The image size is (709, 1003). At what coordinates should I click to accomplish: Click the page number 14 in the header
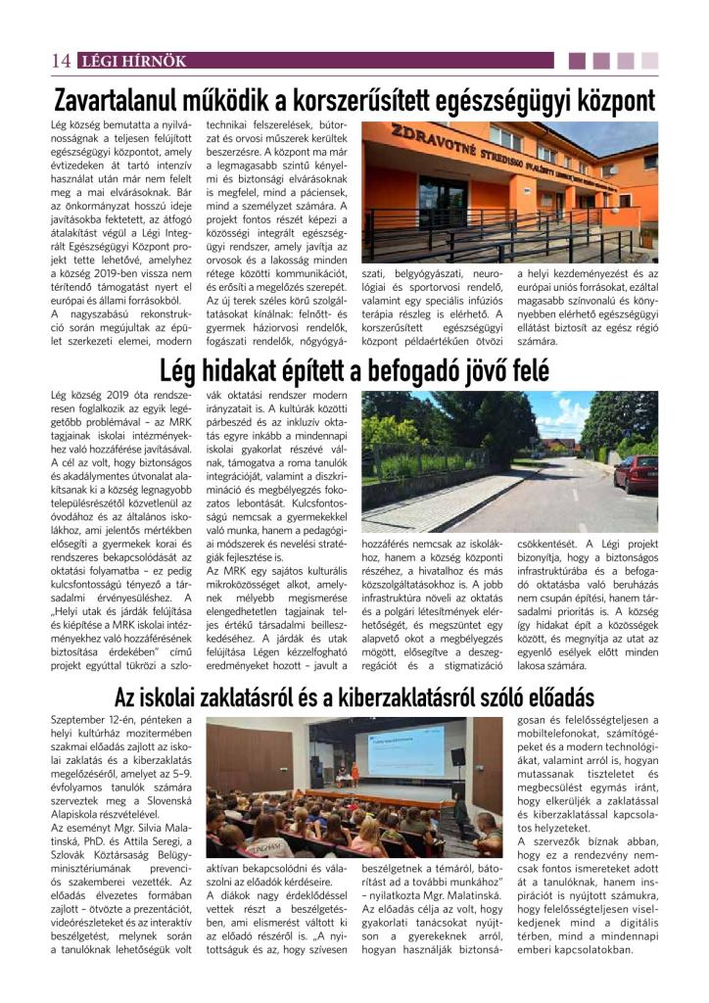[60, 61]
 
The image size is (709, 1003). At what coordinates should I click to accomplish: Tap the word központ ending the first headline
[602, 101]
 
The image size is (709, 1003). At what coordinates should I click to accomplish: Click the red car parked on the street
[638, 472]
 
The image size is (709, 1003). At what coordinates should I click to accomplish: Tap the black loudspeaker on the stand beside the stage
[457, 757]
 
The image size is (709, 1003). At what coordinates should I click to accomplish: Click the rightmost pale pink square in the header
[650, 61]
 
